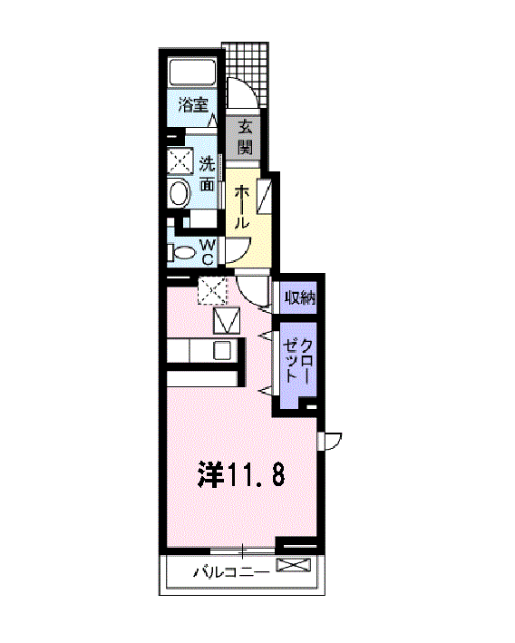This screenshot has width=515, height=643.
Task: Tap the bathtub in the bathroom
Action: pyautogui.click(x=192, y=73)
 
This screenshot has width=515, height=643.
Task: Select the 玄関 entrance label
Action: pyautogui.click(x=245, y=135)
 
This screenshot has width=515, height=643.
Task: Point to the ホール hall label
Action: pyautogui.click(x=242, y=207)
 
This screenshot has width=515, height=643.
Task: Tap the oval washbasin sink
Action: pyautogui.click(x=179, y=193)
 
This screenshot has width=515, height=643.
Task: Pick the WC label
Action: pyautogui.click(x=207, y=251)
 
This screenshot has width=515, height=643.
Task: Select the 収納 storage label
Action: pyautogui.click(x=299, y=297)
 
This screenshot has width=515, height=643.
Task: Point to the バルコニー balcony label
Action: pyautogui.click(x=229, y=572)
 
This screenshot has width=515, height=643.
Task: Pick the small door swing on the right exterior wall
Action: pyautogui.click(x=331, y=441)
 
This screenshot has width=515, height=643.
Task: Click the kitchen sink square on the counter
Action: pyautogui.click(x=222, y=351)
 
